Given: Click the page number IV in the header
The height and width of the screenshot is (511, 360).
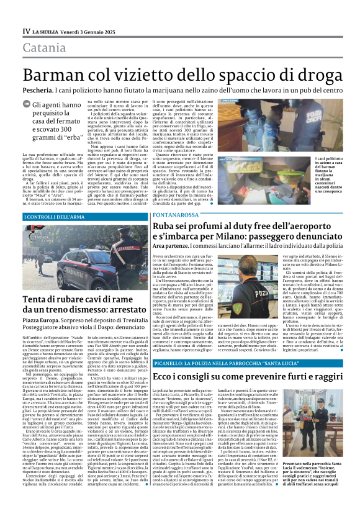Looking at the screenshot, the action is pos(26,31).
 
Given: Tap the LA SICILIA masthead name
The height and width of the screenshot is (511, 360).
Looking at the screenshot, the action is pos(47,31).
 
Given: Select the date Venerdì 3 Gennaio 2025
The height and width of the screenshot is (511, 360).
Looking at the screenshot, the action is pos(91,31).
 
